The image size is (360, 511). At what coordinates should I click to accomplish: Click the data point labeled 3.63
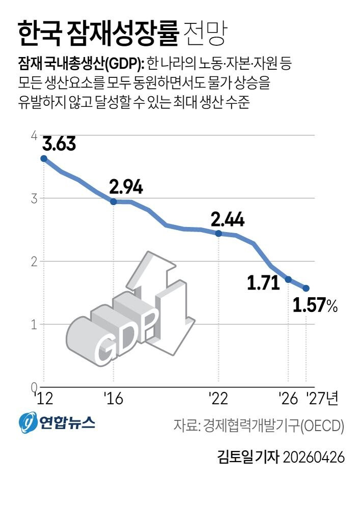point(44,159)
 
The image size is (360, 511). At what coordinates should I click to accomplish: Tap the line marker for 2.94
point(114,202)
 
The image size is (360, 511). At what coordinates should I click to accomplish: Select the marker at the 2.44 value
point(218,233)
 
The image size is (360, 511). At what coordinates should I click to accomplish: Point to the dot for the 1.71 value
point(288,279)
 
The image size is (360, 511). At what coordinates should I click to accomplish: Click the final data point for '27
point(306,288)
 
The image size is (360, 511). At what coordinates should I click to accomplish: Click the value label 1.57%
point(315,305)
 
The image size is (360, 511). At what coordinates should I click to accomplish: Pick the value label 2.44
point(227,219)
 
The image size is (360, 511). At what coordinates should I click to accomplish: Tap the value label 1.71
point(263,282)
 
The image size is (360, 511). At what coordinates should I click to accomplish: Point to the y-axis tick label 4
point(34,135)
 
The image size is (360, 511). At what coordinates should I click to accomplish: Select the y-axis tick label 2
point(34,262)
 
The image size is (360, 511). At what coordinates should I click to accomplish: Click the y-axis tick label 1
point(34,325)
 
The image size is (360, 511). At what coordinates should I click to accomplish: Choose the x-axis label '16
point(113,398)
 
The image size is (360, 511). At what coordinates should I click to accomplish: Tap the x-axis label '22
point(218,398)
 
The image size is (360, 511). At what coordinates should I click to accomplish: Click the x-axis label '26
point(288,398)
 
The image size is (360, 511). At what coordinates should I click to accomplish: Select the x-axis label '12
point(44,398)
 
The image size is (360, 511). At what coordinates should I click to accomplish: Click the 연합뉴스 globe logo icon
point(27,422)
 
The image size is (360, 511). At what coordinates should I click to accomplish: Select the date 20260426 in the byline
point(313,457)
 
